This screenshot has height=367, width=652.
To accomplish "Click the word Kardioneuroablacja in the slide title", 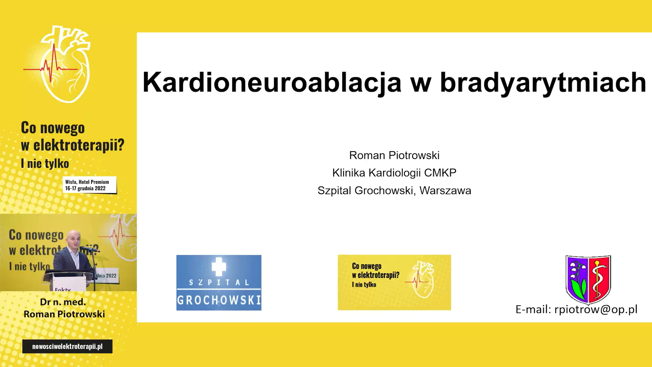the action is [x=272, y=83].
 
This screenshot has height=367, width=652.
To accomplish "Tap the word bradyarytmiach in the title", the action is [x=543, y=83].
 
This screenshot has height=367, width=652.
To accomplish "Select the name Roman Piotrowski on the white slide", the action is [x=394, y=155].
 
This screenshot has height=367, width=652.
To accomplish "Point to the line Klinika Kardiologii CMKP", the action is [x=394, y=173].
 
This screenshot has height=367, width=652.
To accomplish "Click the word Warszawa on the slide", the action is [x=445, y=191].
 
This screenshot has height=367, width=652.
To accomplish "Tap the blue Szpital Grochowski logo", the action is [x=219, y=282].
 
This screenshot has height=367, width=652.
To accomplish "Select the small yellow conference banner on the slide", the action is [x=394, y=282].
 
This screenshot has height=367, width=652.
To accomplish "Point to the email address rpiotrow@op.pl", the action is [x=596, y=310].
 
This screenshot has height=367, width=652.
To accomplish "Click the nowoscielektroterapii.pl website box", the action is [x=67, y=346].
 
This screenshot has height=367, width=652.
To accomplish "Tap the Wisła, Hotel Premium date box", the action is [x=90, y=185].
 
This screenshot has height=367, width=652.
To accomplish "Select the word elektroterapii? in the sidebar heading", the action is [x=79, y=145].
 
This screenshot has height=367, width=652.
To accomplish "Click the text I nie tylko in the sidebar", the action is [x=45, y=163].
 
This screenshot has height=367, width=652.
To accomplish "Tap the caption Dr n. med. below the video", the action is [x=63, y=302].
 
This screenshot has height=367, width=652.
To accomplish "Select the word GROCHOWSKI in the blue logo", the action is [x=219, y=300].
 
